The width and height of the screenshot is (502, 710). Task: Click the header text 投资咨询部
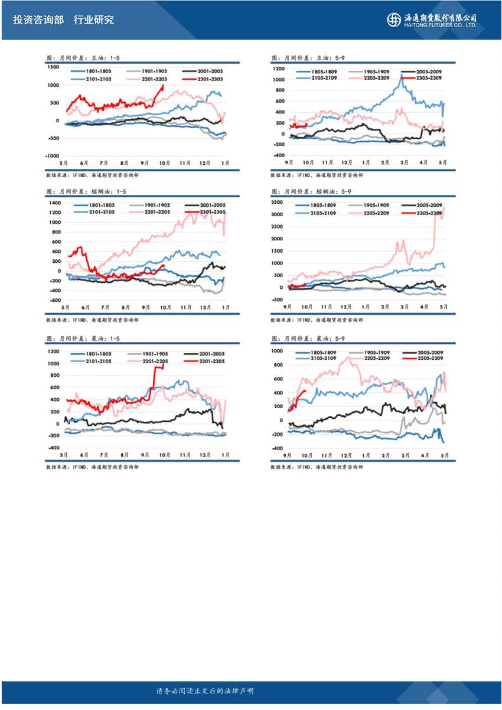38,19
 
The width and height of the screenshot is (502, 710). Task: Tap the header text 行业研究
94,19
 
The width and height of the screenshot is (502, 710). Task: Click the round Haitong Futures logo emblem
394,19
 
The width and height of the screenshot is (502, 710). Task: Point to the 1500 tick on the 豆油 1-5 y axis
53,67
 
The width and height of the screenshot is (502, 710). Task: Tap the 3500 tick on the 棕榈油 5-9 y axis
278,202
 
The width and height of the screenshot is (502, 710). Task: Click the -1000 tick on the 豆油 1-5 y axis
52,157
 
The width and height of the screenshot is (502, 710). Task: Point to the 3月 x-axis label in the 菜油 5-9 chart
405,456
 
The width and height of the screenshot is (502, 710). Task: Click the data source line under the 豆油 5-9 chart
317,175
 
